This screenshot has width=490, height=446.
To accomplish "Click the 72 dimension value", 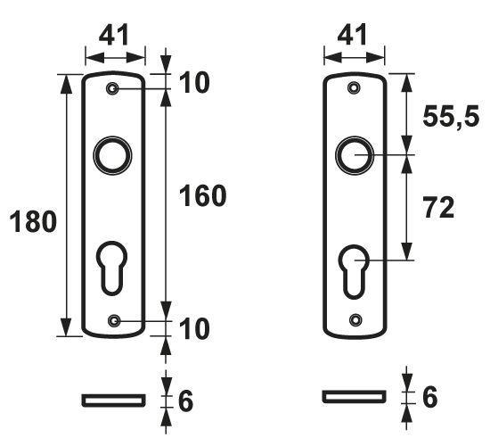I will (x=437, y=208).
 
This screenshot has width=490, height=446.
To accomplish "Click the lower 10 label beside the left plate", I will (x=194, y=329).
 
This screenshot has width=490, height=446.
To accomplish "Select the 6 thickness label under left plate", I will (x=185, y=401).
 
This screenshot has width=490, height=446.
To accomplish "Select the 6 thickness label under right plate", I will (x=429, y=396).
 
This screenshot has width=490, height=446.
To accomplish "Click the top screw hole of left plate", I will (x=113, y=90).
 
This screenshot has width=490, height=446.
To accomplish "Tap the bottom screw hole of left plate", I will (x=113, y=320).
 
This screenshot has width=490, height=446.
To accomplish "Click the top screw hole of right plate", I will (x=355, y=88).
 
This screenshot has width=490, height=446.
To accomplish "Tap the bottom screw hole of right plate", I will (x=355, y=319).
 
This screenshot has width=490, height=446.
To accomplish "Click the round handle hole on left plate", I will (x=113, y=155).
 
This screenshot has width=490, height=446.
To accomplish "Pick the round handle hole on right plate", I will (x=355, y=155).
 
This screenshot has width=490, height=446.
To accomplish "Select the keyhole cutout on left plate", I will (x=113, y=265).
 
